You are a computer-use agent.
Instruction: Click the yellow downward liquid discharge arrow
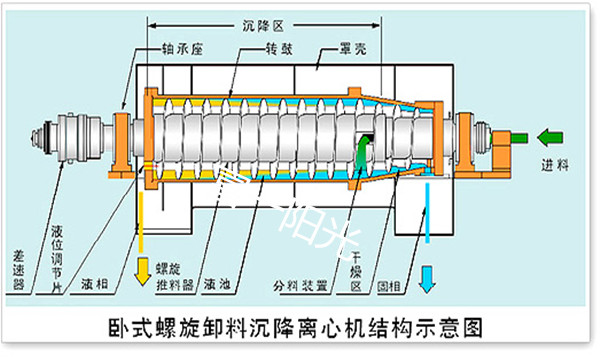pos(142,267)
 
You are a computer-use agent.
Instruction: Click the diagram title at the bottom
pos(300,329)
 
